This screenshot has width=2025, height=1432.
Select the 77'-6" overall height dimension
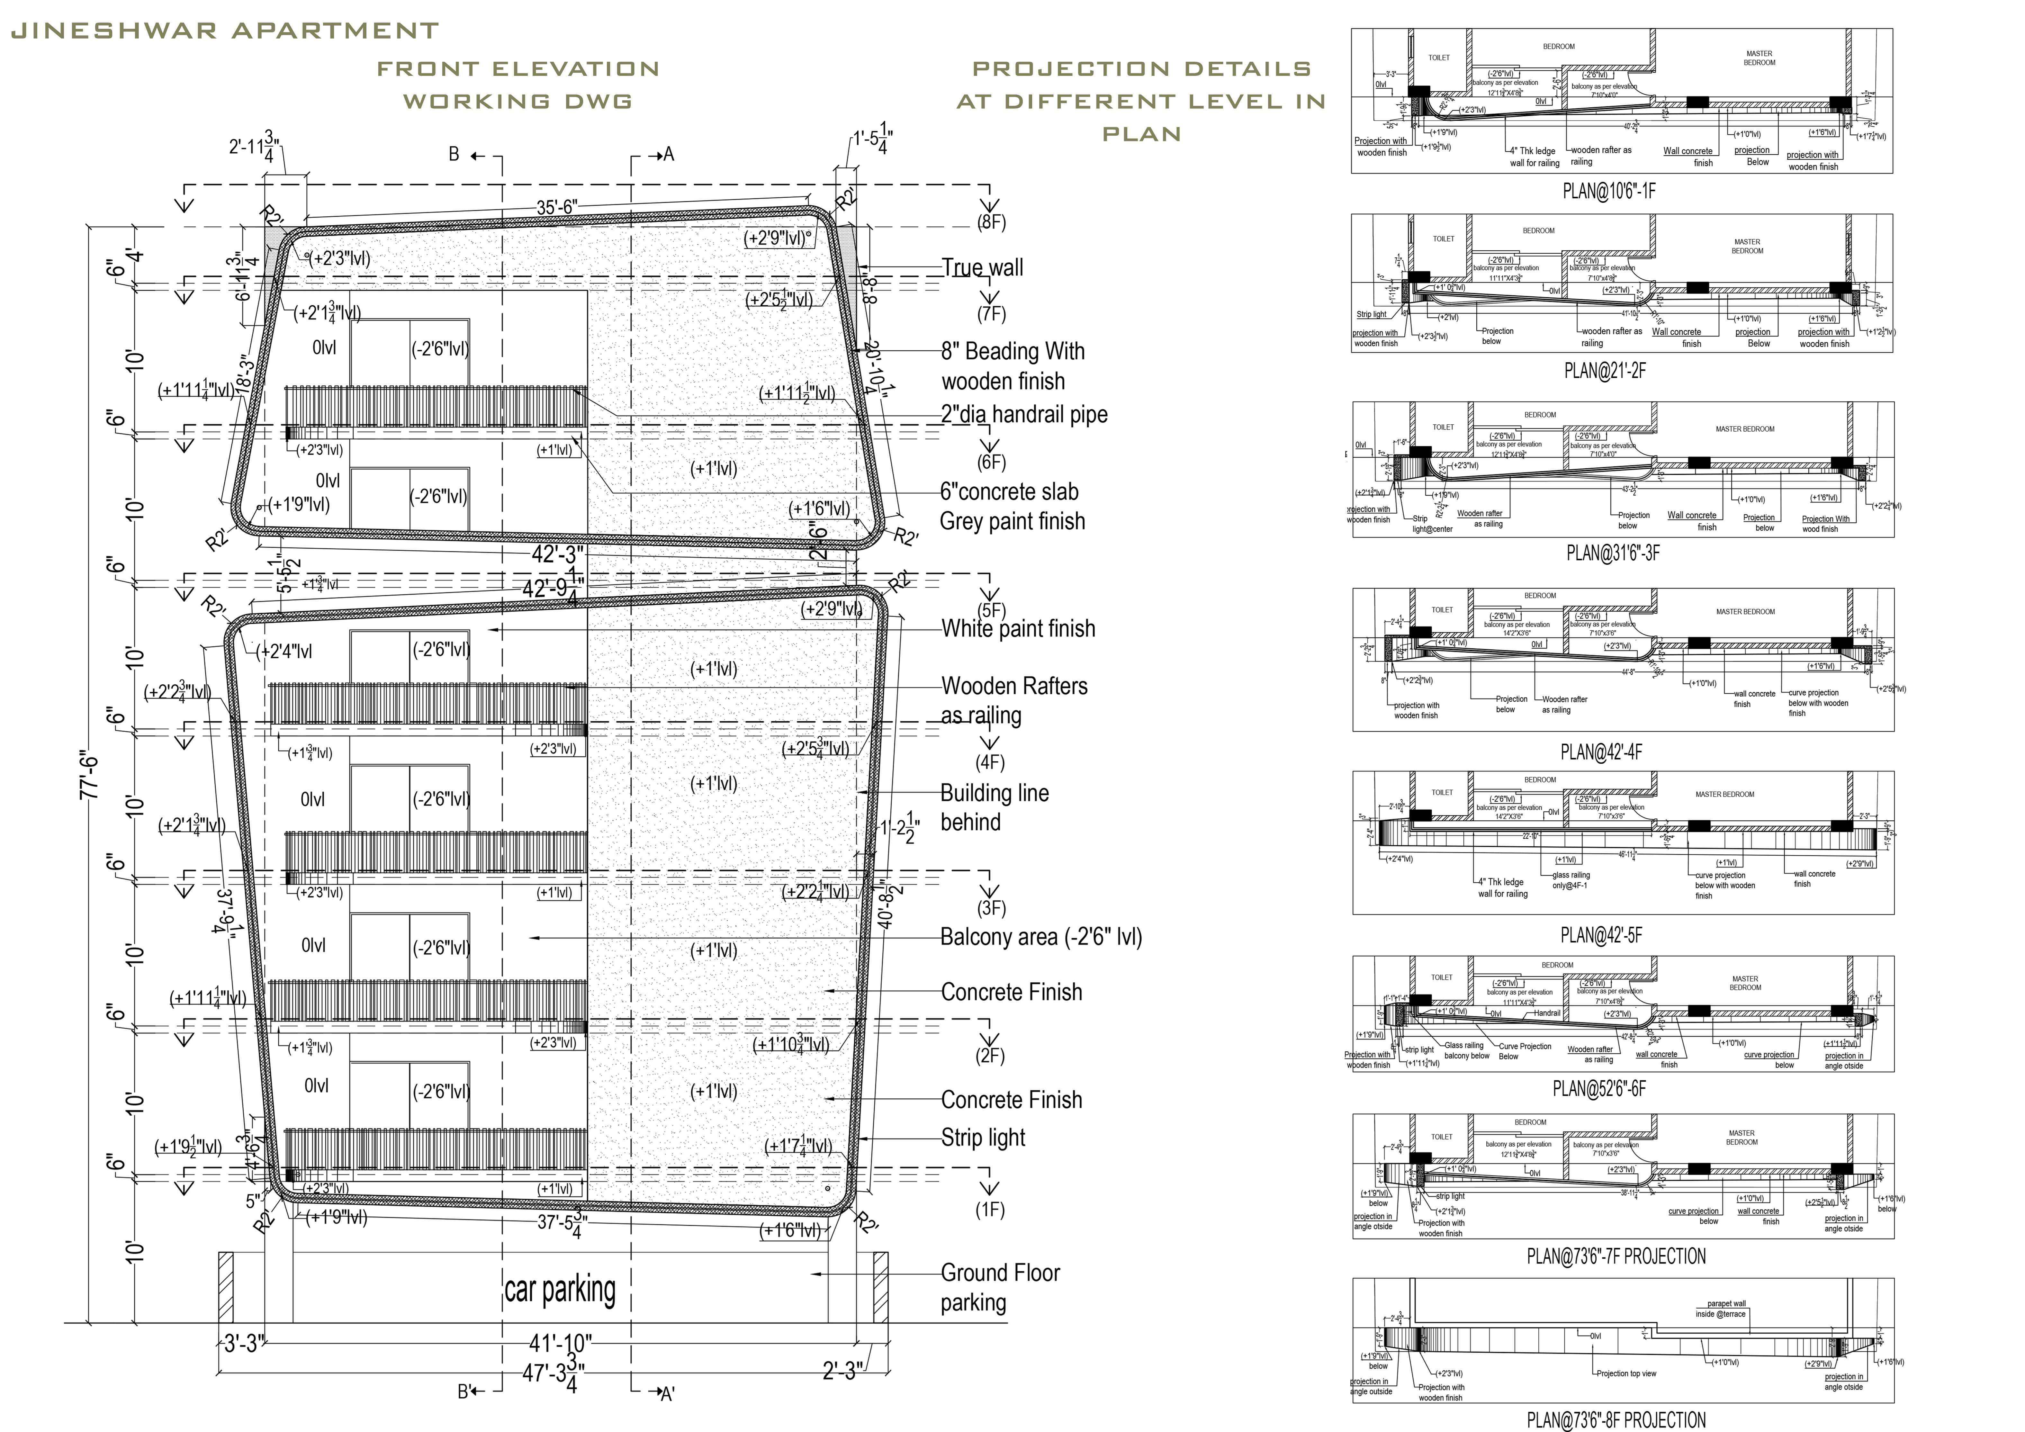click(x=90, y=776)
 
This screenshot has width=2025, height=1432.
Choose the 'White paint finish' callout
click(x=1018, y=629)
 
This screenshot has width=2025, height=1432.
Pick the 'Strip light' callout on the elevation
click(x=983, y=1138)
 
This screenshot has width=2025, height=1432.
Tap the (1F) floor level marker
click(x=990, y=1210)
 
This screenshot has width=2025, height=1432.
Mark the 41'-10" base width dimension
click(x=560, y=1344)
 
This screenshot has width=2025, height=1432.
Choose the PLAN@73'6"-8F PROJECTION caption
click(x=1616, y=1420)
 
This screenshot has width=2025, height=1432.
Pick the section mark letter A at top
click(x=668, y=155)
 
